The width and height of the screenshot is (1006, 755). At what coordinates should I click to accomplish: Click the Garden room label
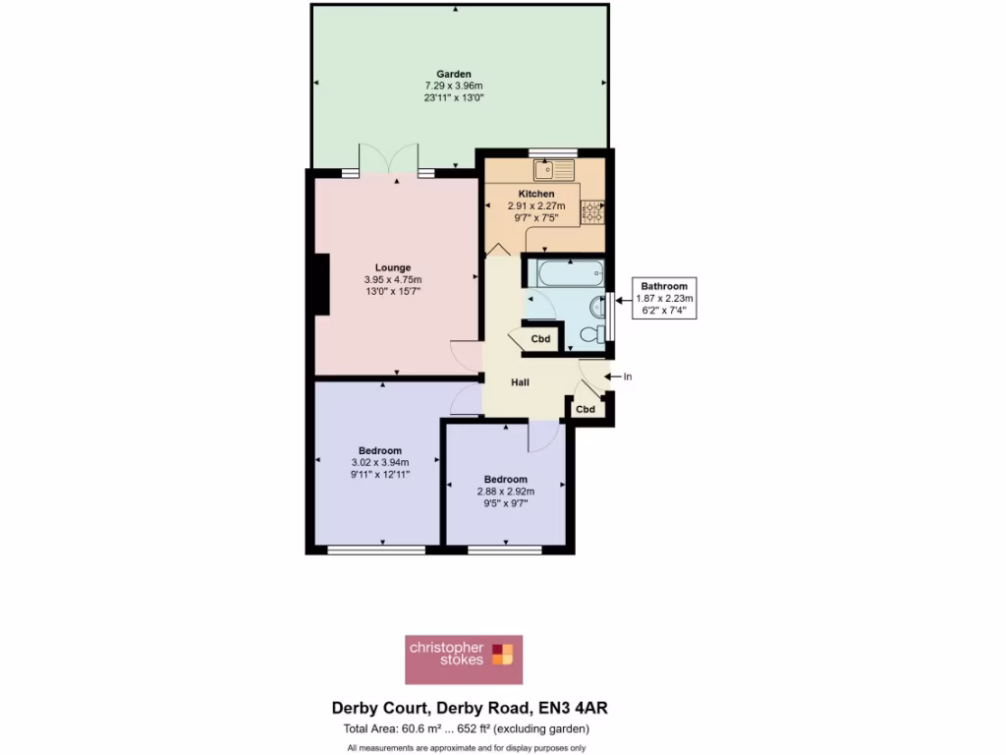(454, 74)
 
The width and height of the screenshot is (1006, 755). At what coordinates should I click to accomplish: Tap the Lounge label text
(392, 266)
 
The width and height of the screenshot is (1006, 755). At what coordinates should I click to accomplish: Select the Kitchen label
(536, 194)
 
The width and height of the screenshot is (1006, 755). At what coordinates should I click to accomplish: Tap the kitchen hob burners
(592, 209)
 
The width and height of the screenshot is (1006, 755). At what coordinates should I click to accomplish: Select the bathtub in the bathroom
(563, 270)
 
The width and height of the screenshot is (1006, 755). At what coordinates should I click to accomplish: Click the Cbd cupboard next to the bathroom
(540, 339)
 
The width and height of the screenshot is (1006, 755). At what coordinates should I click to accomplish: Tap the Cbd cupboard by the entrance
(586, 409)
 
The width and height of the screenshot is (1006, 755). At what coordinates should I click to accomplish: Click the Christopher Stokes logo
(464, 659)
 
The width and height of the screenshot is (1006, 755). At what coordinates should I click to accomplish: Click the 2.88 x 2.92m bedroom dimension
(505, 492)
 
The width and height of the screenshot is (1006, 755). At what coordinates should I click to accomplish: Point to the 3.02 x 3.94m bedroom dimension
(379, 462)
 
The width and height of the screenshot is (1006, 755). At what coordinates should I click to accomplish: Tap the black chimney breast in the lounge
(320, 286)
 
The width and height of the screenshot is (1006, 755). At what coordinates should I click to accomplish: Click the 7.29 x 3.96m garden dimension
(454, 86)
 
